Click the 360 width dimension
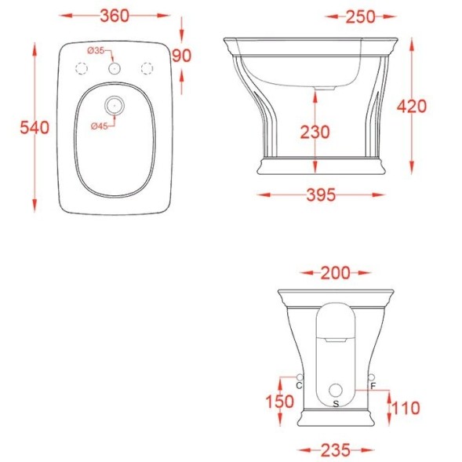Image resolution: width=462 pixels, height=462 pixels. [115, 16]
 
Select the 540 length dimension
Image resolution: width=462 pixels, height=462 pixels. [35, 128]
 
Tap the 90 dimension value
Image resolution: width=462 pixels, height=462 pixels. [181, 56]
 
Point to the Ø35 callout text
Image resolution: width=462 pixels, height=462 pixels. [96, 51]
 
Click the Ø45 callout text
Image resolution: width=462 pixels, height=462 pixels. [100, 126]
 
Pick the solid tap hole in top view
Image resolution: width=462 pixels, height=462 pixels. [115, 68]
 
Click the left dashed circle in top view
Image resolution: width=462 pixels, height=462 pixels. [82, 68]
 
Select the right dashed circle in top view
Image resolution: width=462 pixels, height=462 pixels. [147, 68]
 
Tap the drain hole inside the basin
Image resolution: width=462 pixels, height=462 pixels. [115, 105]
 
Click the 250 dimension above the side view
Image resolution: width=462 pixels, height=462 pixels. [360, 16]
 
